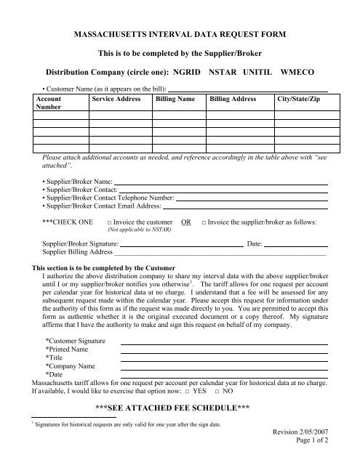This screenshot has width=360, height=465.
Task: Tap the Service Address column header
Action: click(x=111, y=97)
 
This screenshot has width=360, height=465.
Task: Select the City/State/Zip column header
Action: click(x=300, y=97)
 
